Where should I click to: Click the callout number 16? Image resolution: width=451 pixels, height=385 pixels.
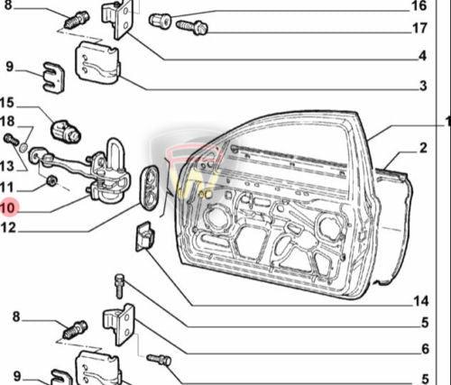419,5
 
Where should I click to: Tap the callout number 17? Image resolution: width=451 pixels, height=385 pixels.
419,28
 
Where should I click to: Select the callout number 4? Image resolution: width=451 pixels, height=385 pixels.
422,57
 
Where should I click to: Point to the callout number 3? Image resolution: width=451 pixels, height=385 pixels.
422,87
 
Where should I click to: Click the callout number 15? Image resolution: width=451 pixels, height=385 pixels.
8,102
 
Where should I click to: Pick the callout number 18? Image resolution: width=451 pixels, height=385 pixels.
8,121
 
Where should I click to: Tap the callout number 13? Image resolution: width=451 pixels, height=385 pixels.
8,166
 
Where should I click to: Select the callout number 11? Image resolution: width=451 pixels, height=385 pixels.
8,187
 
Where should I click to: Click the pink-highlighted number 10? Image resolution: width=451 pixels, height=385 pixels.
8,207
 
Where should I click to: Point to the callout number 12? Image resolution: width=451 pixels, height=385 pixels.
8,229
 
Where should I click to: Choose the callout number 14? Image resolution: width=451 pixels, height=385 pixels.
420,301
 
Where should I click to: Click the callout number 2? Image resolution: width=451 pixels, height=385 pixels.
422,147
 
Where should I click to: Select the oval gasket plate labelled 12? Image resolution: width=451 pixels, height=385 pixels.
150,184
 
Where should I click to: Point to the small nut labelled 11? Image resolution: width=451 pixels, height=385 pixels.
52,181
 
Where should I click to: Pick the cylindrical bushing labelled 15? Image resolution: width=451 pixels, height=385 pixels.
66,131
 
